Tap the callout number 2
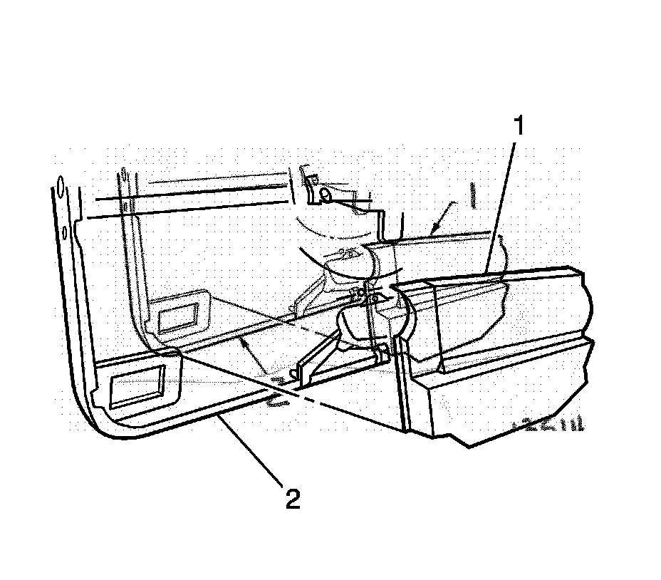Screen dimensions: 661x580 292,498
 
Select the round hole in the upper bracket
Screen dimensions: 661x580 325,192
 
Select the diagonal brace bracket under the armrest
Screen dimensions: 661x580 321,356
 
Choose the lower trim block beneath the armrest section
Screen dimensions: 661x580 499,399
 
